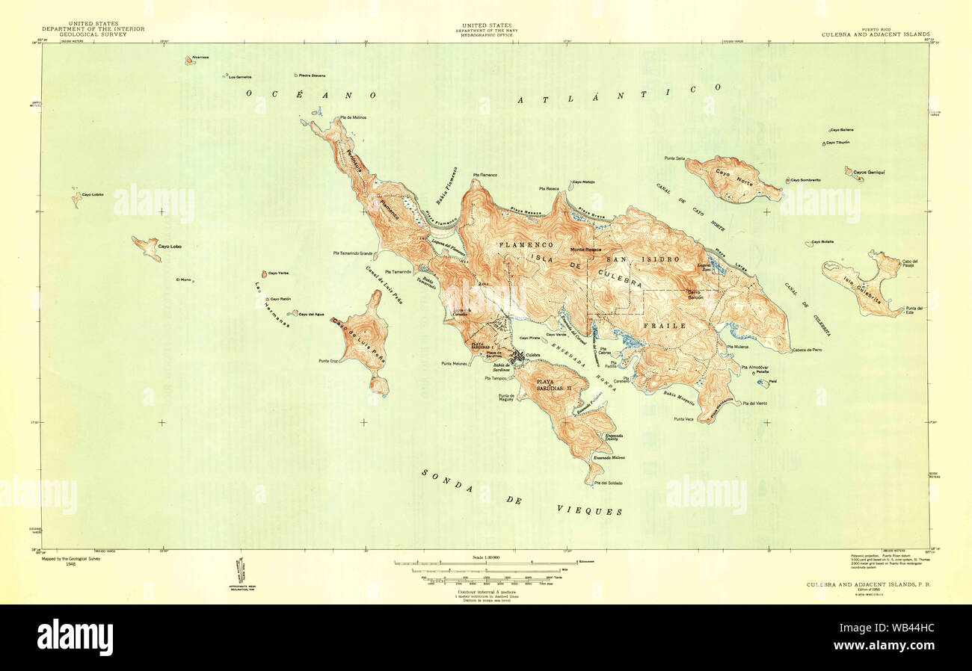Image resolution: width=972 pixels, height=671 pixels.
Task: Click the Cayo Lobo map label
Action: tap(169, 246)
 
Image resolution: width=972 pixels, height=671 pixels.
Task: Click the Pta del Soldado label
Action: tap(608, 483)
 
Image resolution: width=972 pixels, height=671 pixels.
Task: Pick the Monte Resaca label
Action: tap(586, 249)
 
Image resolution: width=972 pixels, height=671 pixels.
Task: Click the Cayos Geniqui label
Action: tap(870, 173)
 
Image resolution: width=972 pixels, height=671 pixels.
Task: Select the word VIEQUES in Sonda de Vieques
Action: tap(589, 511)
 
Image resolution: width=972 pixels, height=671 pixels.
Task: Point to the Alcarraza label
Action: tap(200, 58)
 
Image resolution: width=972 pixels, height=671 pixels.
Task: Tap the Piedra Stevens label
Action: tap(313, 75)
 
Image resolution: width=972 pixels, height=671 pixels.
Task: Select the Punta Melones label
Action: tap(454, 364)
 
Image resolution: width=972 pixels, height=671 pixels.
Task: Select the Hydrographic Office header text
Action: tap(485, 36)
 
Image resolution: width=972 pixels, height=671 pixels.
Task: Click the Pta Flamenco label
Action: tap(485, 175)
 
